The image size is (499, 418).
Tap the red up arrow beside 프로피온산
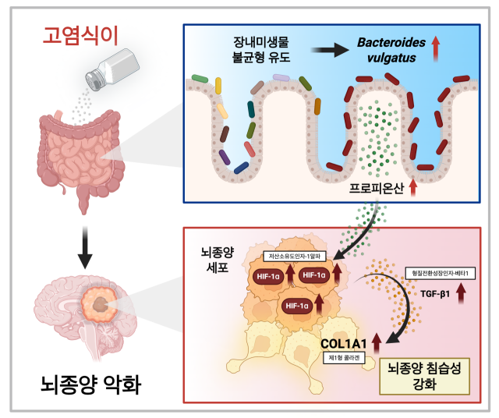[413, 187]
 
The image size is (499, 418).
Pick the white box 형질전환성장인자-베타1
[443, 273]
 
